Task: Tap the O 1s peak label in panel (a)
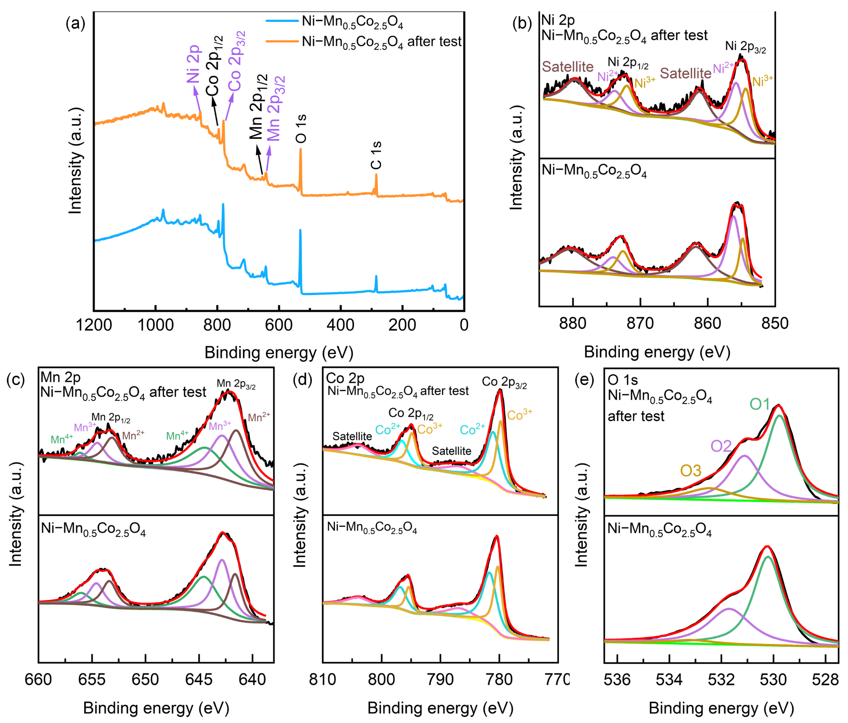click(301, 128)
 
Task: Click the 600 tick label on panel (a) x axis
click(279, 325)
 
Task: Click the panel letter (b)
click(522, 24)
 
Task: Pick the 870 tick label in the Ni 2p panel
click(640, 323)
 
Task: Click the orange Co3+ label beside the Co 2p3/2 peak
click(519, 415)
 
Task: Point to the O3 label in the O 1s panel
click(691, 471)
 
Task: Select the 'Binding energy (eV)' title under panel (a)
click(279, 352)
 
